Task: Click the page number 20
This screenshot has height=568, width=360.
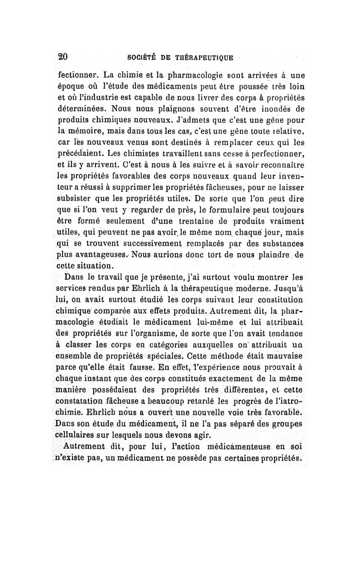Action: tap(63, 57)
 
